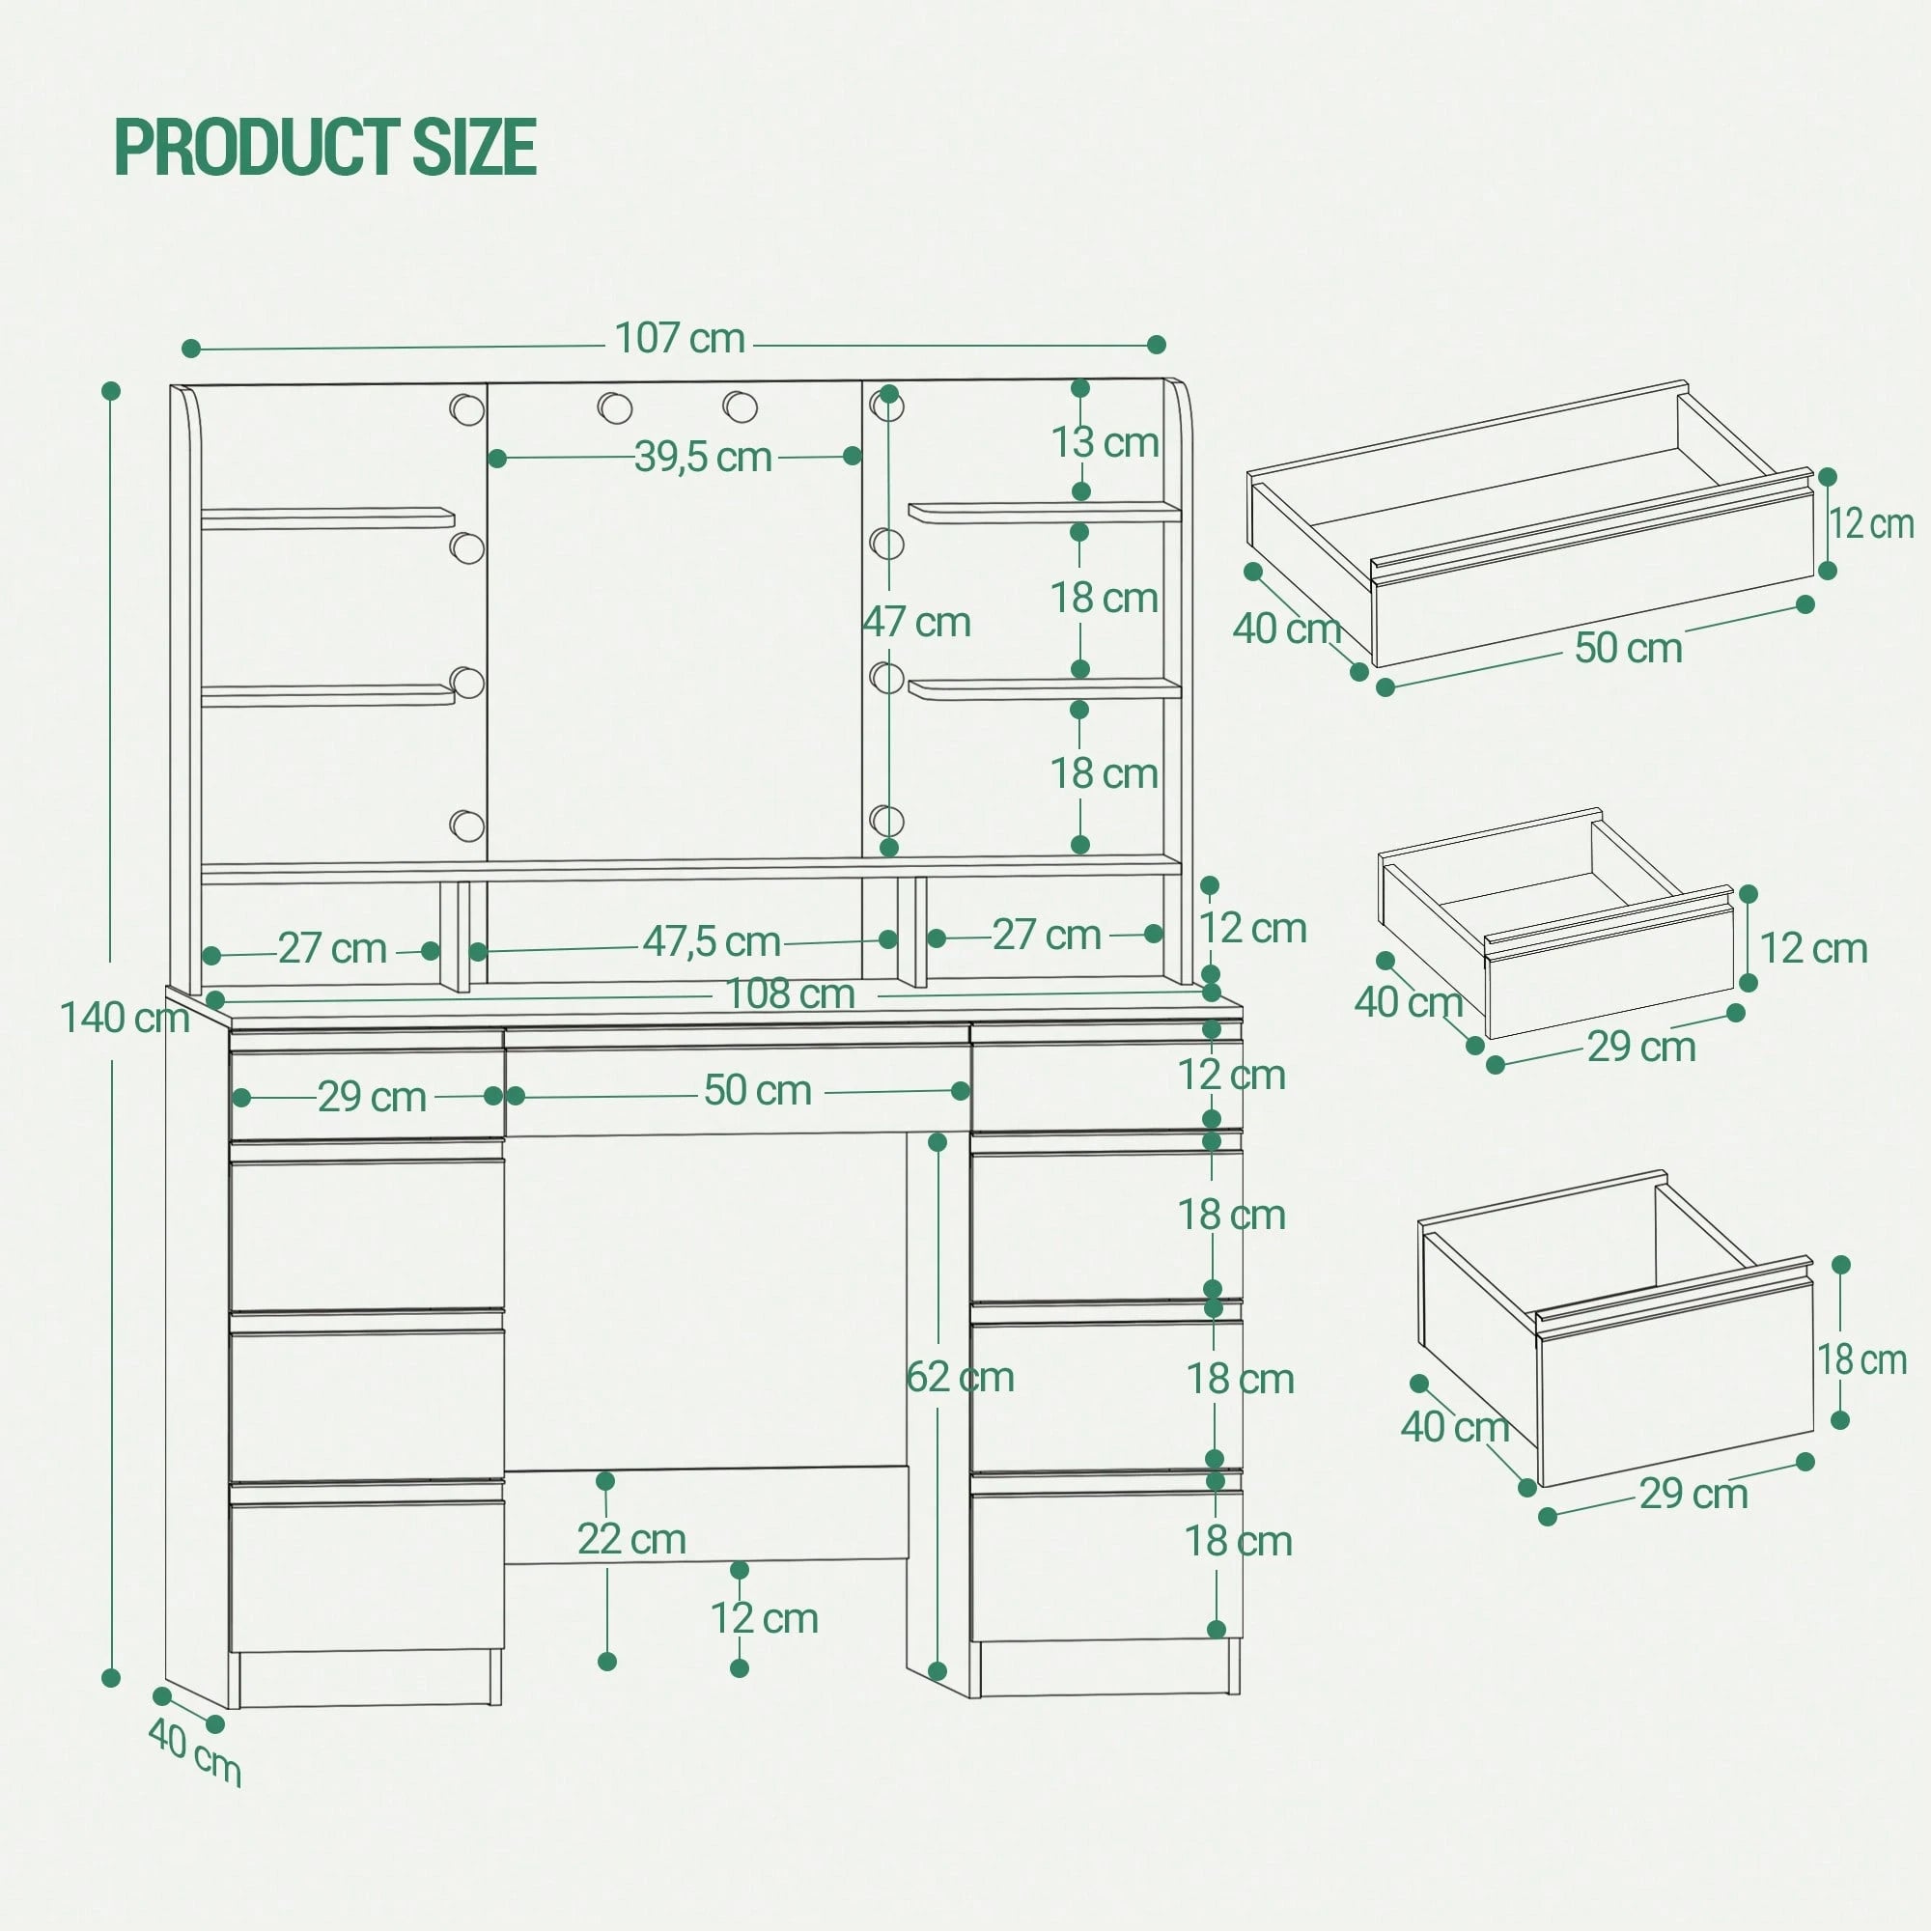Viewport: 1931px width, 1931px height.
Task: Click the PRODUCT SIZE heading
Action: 325,147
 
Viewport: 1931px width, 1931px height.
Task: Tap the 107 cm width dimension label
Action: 680,339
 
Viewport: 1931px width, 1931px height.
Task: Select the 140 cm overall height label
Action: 125,1019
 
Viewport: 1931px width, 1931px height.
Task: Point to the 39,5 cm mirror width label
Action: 704,457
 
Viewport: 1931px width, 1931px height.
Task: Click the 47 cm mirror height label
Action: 916,622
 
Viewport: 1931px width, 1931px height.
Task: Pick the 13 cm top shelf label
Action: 1105,442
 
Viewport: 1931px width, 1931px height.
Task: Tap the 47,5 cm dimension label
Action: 712,940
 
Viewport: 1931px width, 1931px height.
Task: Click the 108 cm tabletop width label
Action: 790,993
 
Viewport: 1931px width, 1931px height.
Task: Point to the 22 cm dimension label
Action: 631,1539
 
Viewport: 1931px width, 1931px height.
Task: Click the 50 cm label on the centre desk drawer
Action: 758,1090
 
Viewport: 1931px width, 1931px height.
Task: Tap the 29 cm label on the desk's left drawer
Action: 372,1098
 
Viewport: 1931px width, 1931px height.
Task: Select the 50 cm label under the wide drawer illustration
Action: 1628,648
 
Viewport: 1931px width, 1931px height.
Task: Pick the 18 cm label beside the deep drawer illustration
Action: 1861,1359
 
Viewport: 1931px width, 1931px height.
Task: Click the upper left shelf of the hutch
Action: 328,518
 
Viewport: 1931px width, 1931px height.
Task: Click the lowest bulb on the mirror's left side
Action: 466,826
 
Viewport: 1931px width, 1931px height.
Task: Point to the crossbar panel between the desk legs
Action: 707,1514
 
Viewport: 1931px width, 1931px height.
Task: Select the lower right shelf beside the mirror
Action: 1045,688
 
